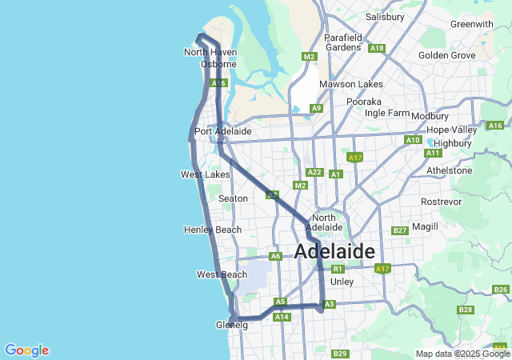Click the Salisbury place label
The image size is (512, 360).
click(385, 16)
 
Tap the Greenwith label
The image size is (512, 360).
click(471, 24)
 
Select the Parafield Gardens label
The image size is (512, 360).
click(344, 42)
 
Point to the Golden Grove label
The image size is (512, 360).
click(446, 55)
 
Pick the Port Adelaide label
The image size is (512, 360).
click(223, 131)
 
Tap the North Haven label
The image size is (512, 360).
click(210, 52)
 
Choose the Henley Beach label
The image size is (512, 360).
click(212, 230)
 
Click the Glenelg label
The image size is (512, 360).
click(232, 325)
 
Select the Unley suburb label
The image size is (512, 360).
click(342, 282)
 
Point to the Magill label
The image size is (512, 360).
click(426, 227)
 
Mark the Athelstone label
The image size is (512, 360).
click(450, 170)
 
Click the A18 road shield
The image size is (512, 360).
click(378, 48)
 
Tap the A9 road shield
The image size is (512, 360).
click(316, 108)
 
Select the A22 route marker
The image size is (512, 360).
click(314, 172)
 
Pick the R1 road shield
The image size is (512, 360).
click(338, 269)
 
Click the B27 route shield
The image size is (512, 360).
click(401, 230)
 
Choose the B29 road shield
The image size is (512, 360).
click(340, 354)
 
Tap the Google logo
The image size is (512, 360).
click(26, 350)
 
